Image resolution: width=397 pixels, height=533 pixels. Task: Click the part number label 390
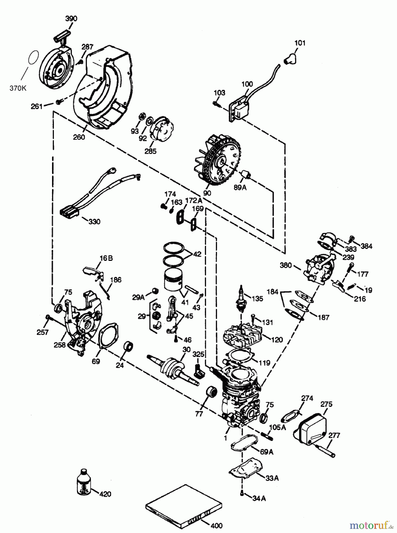point(71,18)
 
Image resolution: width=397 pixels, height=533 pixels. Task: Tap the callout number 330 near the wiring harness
point(94,221)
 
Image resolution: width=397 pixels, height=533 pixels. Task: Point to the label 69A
point(267,452)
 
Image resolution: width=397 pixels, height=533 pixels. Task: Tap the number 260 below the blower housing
point(79,137)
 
